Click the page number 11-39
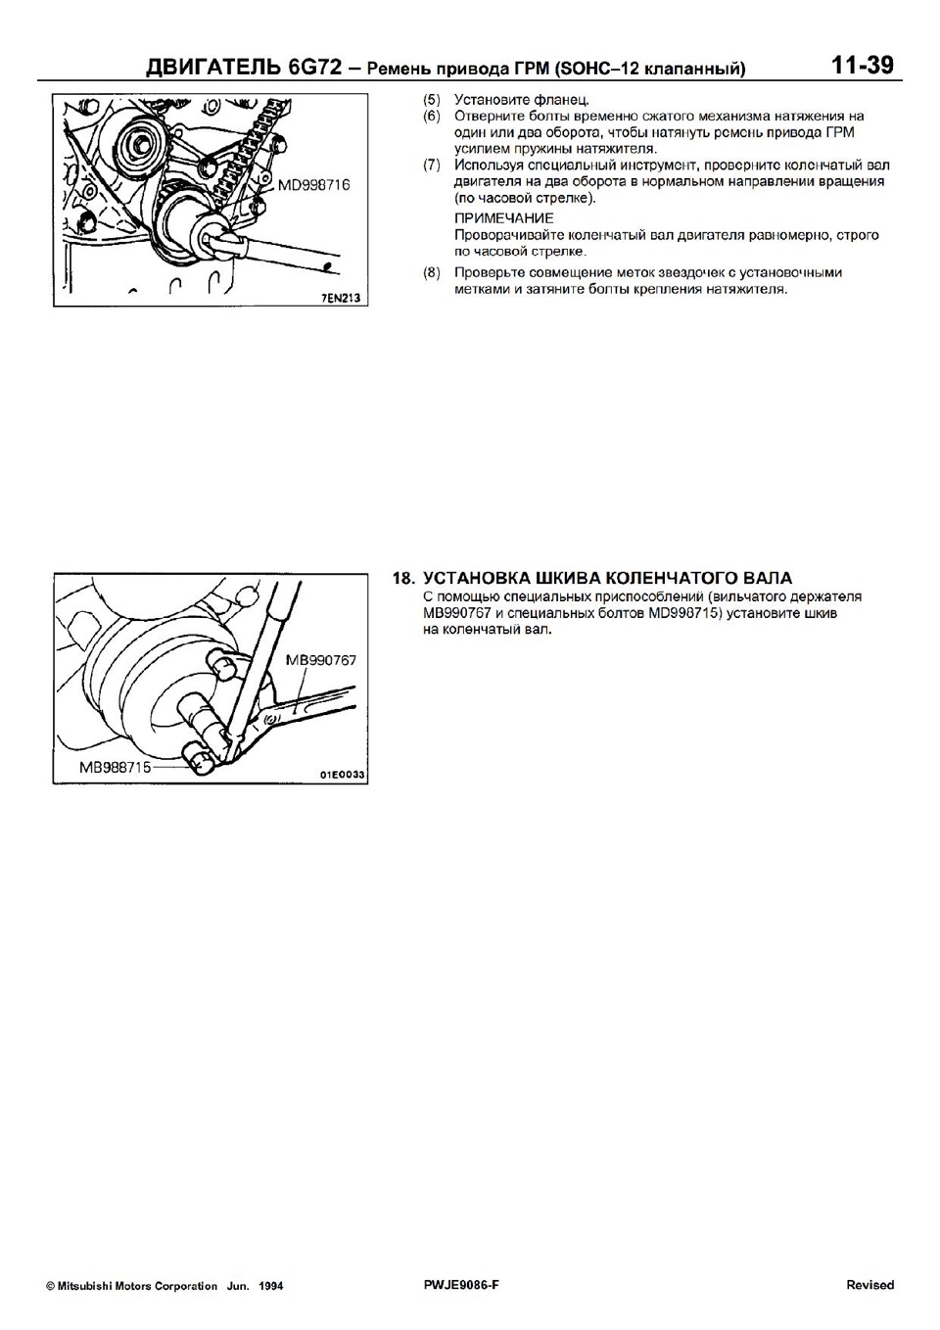pyautogui.click(x=862, y=66)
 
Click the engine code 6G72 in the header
pyautogui.click(x=314, y=68)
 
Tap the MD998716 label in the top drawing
pyautogui.click(x=313, y=184)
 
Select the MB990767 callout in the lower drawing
pyautogui.click(x=321, y=660)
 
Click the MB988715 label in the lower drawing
pyautogui.click(x=115, y=767)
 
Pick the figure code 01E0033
pyautogui.click(x=342, y=775)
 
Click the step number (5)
pyautogui.click(x=432, y=100)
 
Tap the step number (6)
pyautogui.click(x=432, y=116)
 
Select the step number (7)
pyautogui.click(x=432, y=165)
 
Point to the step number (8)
pyautogui.click(x=432, y=272)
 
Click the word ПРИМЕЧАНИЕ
pyautogui.click(x=504, y=217)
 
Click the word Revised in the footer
pyautogui.click(x=869, y=1285)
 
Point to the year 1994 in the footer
pyautogui.click(x=271, y=1286)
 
